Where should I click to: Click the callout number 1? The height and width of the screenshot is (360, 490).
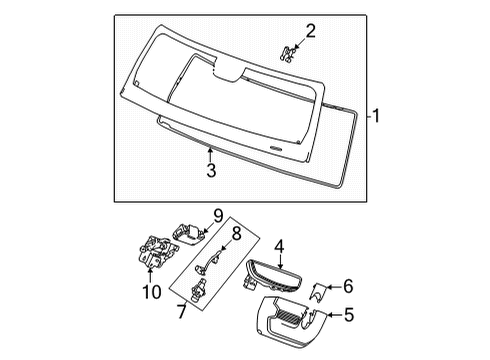click(x=376, y=116)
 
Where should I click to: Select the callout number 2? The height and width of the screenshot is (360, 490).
click(x=310, y=31)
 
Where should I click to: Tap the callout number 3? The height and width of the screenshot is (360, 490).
click(x=211, y=170)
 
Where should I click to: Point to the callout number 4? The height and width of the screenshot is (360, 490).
click(x=279, y=247)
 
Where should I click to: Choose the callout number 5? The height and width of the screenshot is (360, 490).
click(x=349, y=315)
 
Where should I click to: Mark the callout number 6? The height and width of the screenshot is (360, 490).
click(x=348, y=286)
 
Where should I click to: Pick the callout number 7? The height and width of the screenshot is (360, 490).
click(x=181, y=312)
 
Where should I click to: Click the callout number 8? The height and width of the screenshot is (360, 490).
click(x=236, y=233)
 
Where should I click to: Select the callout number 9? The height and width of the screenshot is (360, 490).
click(x=218, y=216)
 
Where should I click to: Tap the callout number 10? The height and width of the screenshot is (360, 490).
click(x=152, y=292)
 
